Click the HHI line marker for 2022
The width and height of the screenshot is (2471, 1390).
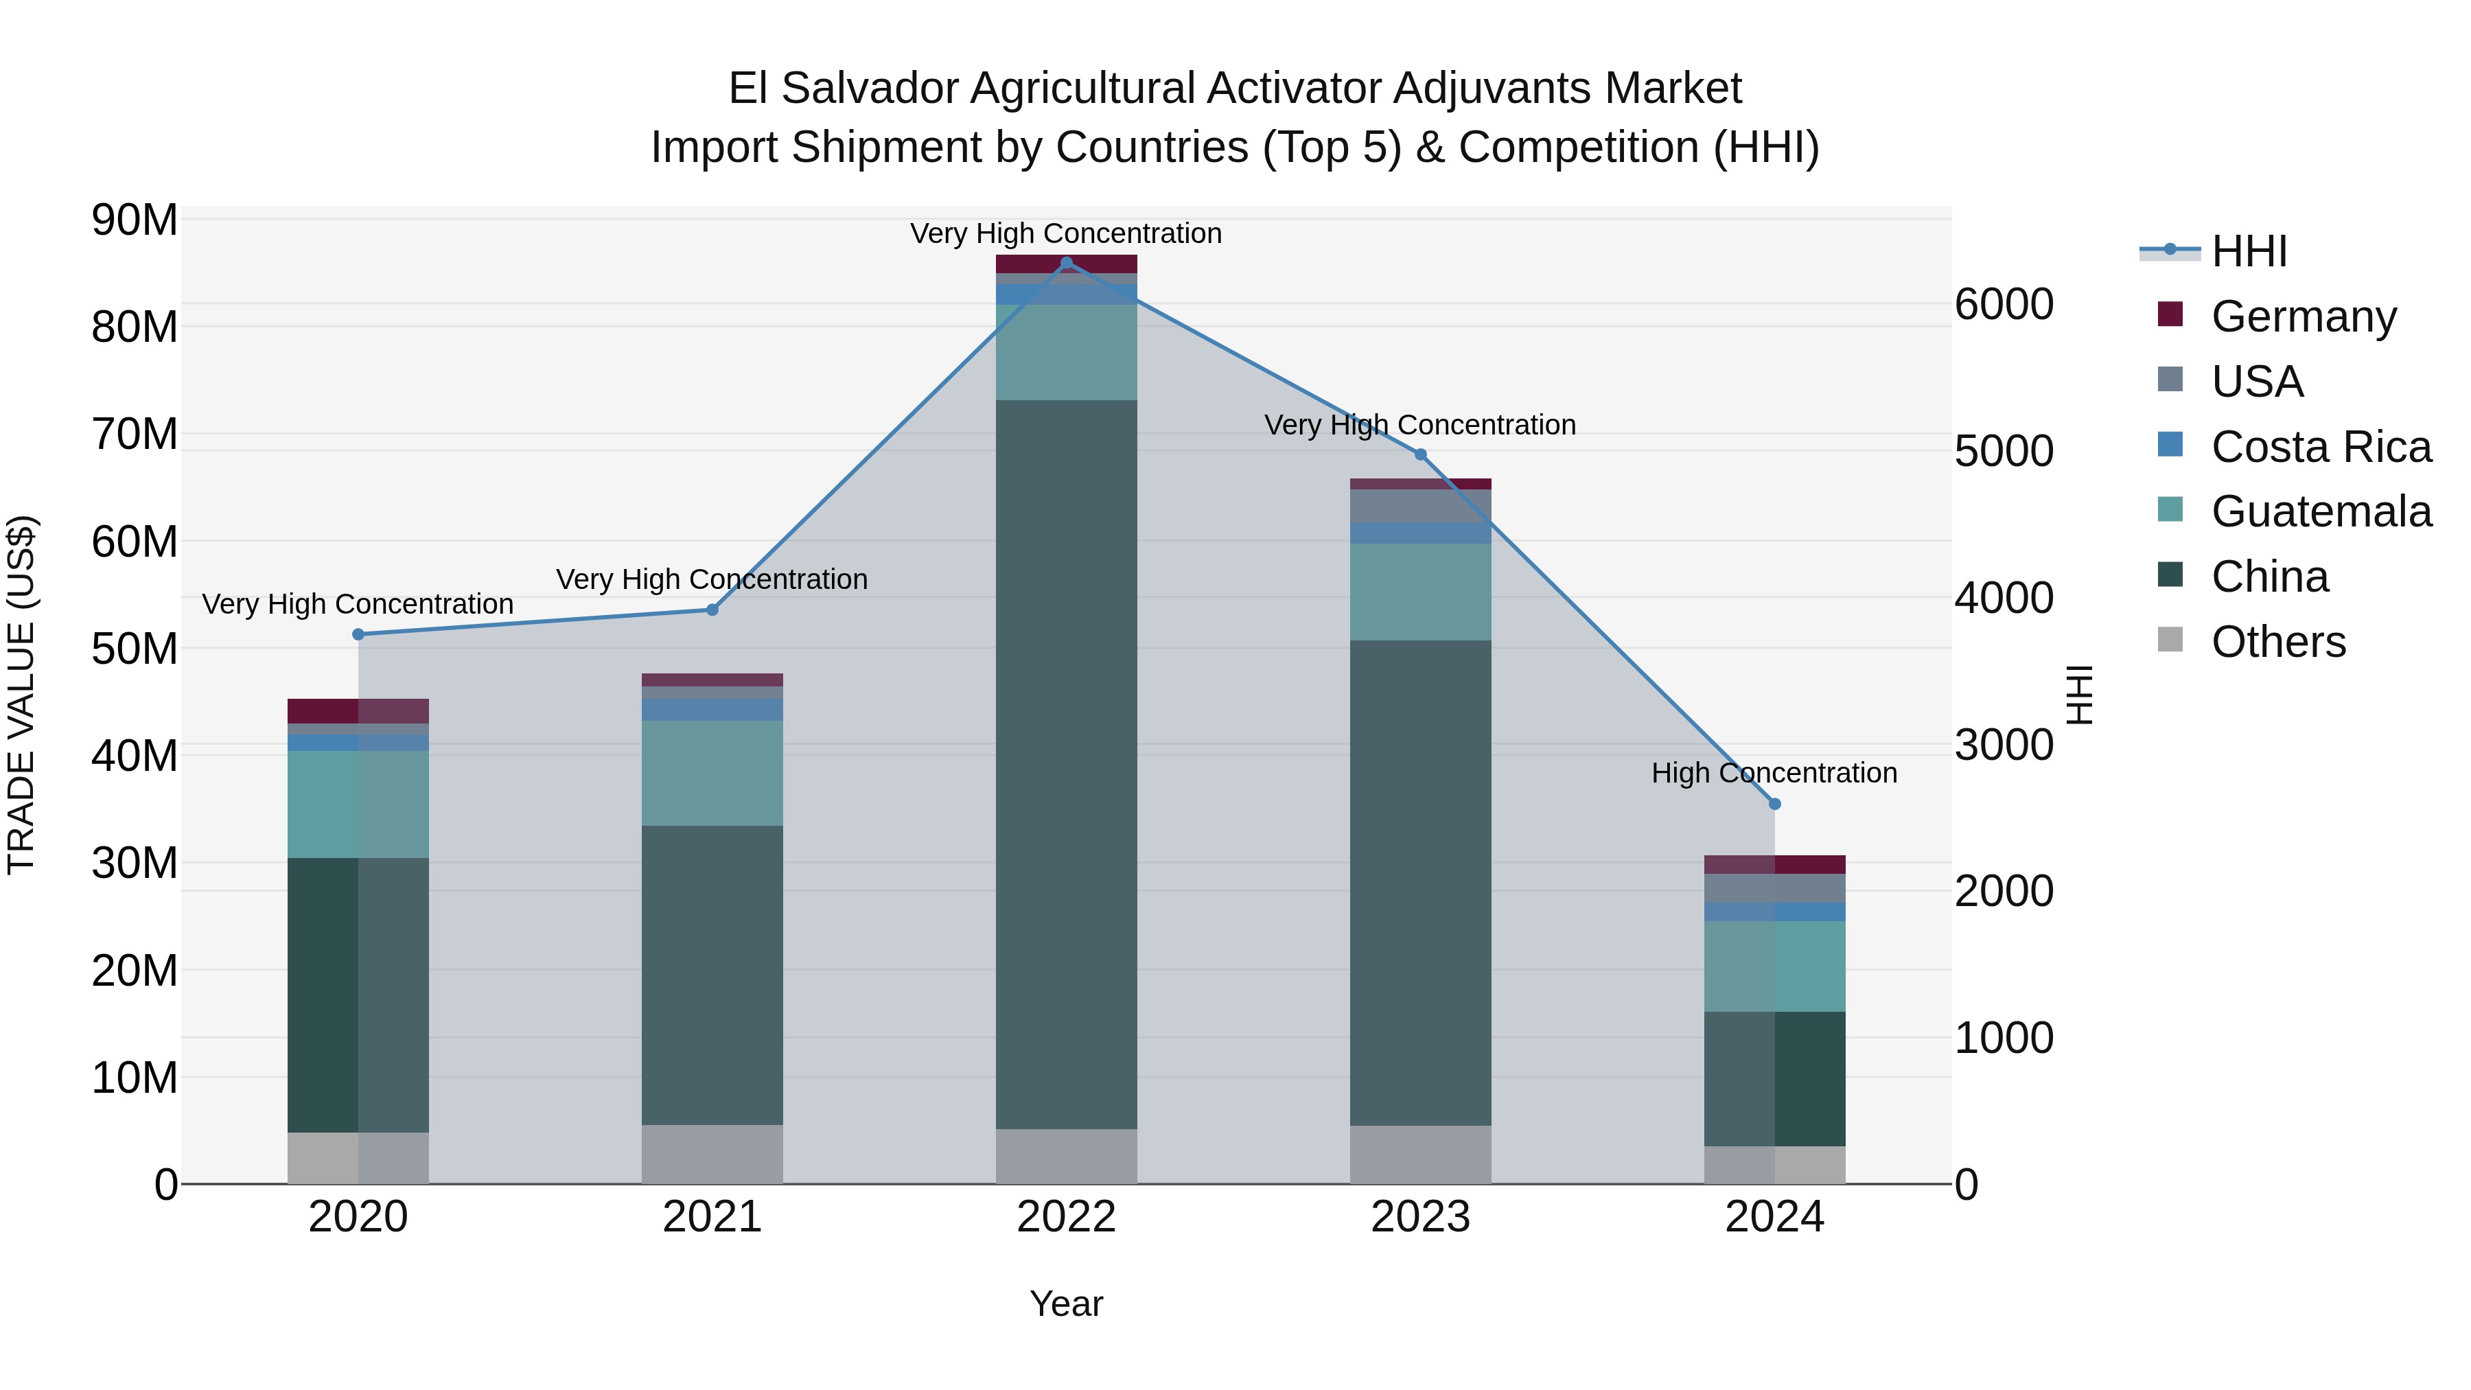tap(1066, 263)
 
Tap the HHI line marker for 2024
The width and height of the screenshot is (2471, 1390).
tap(1774, 804)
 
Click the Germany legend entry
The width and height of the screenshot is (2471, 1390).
tap(2302, 316)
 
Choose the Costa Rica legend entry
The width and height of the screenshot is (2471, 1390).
tap(2319, 446)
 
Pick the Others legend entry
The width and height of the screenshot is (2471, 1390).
tap(2277, 641)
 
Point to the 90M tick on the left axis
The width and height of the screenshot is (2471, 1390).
tap(135, 220)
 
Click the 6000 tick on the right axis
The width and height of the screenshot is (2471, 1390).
tap(2004, 304)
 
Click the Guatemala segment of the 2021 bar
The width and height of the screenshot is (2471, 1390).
tap(712, 772)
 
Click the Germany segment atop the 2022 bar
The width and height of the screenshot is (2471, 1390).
tap(1066, 264)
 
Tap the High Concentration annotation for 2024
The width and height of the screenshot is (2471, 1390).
tap(1774, 772)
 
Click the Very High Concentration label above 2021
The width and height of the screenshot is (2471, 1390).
tap(712, 579)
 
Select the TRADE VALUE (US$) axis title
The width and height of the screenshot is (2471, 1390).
tap(21, 695)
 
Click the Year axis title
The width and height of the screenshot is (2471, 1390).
tap(1066, 1304)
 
